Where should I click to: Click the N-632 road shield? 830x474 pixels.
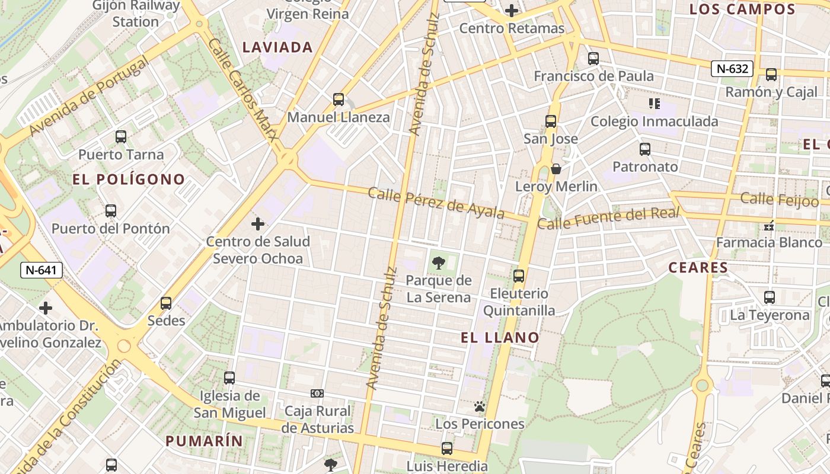point(732,69)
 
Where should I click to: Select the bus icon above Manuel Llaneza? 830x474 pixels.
point(339,100)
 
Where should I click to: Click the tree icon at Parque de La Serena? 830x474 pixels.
point(439,262)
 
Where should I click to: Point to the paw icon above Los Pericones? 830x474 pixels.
point(480,406)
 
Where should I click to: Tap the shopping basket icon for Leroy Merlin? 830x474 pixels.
point(556,169)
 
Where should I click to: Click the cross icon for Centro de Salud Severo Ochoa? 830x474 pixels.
point(258,224)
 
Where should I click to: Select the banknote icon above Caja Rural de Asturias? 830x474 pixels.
point(317,393)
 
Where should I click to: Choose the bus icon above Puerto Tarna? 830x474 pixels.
point(121,137)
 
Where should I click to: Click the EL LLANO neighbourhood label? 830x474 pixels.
point(500,338)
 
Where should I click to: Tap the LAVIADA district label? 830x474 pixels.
point(277,47)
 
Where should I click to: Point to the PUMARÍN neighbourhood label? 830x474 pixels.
point(204,441)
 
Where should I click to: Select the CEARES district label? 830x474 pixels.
point(698,268)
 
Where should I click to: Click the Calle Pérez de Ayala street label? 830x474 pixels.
point(436,203)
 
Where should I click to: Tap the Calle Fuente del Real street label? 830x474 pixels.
point(608,218)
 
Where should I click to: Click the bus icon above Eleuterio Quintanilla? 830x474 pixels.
point(519,276)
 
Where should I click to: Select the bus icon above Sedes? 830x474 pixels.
point(166,303)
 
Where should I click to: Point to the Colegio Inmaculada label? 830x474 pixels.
point(654,121)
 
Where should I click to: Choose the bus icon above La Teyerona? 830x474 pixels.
point(770,297)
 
